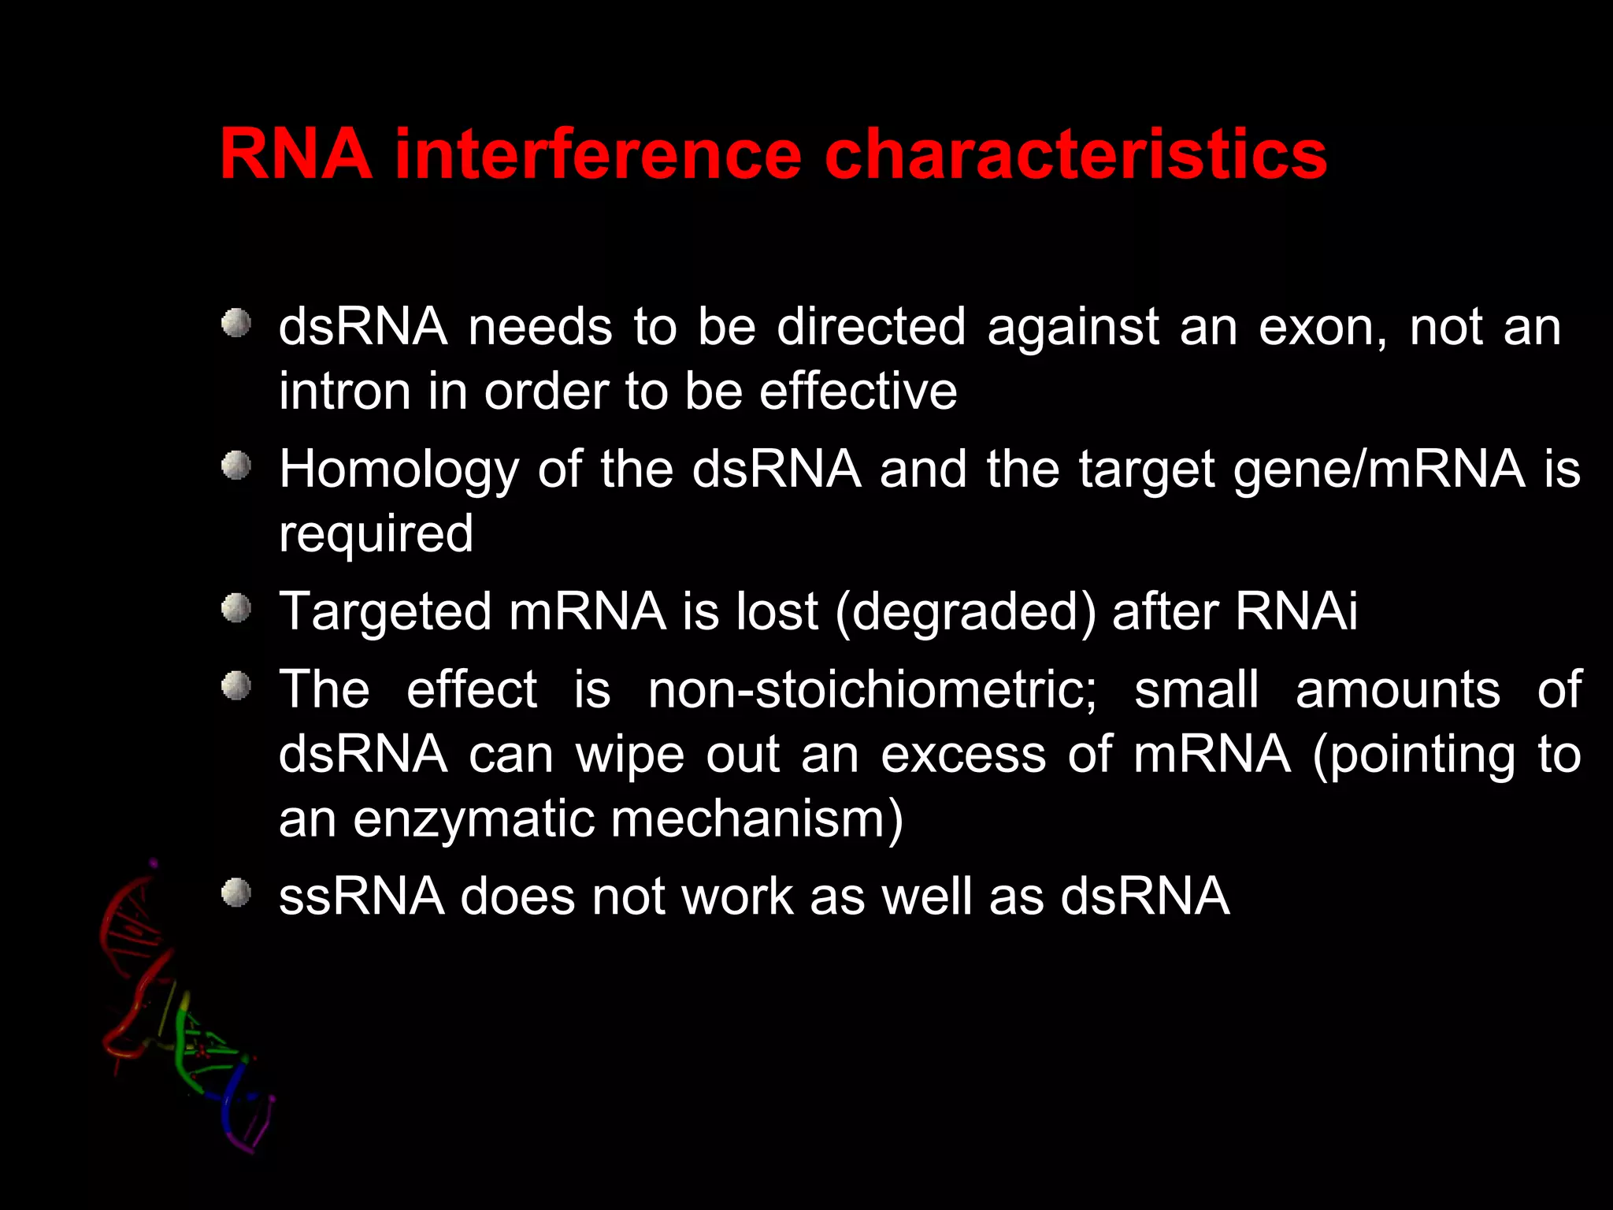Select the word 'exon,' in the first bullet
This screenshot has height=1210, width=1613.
(1323, 327)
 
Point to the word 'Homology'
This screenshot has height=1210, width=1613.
(399, 470)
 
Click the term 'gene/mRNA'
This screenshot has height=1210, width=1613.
(1379, 470)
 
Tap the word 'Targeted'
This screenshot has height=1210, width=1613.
(385, 613)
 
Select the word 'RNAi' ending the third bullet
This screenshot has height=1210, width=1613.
(1296, 611)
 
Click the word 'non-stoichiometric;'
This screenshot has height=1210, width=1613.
(872, 690)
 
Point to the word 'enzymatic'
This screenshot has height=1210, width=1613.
(473, 820)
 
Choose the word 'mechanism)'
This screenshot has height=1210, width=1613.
(758, 819)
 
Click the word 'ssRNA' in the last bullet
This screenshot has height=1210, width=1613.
(362, 896)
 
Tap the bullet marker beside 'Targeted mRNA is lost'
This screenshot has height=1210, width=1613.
(235, 608)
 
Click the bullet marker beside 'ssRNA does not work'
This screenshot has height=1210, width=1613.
(235, 893)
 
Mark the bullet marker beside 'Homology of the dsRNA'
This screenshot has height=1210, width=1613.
(235, 466)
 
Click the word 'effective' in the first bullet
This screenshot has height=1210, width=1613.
(858, 392)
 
